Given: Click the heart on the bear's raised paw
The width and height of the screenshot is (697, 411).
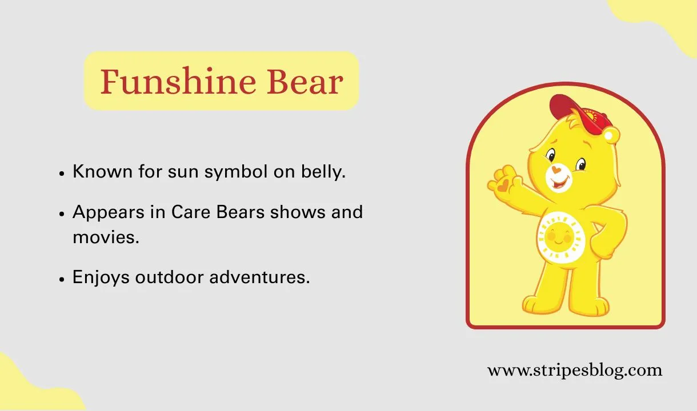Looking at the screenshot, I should click(x=502, y=185).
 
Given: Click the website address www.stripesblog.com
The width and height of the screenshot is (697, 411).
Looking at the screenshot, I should click(x=574, y=370).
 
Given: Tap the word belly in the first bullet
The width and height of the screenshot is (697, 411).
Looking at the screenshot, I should click(x=325, y=171).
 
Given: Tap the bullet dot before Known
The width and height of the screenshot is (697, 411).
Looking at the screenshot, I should click(x=62, y=172).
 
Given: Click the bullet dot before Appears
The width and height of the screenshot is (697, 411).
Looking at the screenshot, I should click(x=62, y=213).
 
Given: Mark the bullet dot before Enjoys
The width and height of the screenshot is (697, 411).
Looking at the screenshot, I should click(x=62, y=279).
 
